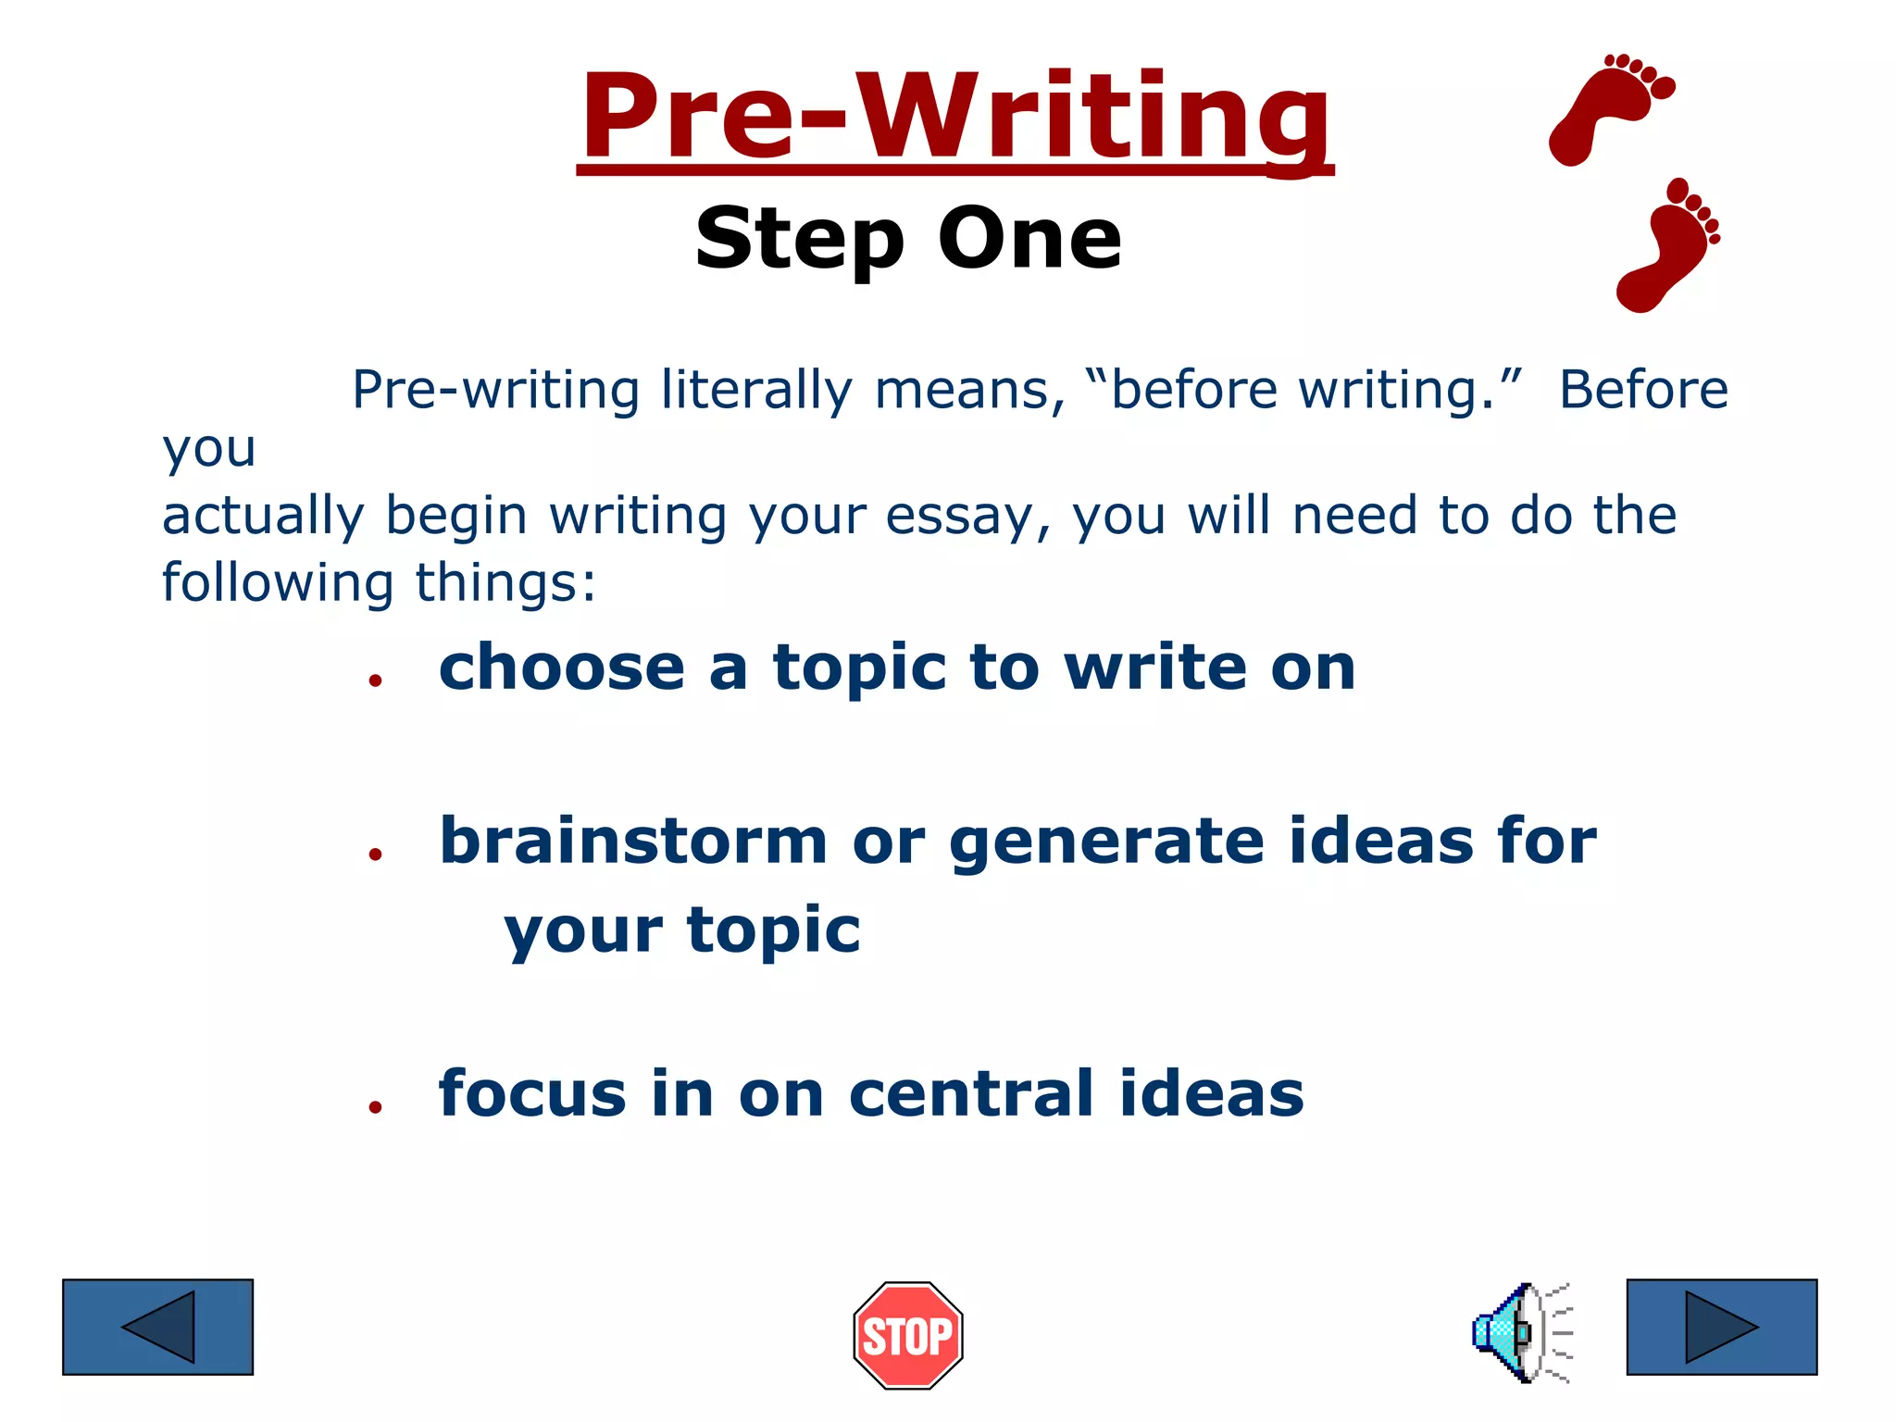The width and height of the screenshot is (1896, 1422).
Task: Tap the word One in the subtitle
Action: (1029, 239)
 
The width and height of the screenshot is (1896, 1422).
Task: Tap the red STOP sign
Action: (908, 1335)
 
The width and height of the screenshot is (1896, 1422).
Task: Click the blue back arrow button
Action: (157, 1327)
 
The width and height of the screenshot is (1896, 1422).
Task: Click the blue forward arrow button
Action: (1722, 1327)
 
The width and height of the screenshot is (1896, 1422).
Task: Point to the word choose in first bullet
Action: (561, 668)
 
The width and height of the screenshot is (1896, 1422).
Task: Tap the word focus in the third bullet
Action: (532, 1094)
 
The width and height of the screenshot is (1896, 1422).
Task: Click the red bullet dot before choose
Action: (375, 681)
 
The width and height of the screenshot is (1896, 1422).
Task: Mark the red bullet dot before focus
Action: (375, 1107)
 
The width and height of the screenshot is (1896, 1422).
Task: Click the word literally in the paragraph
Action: (756, 390)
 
